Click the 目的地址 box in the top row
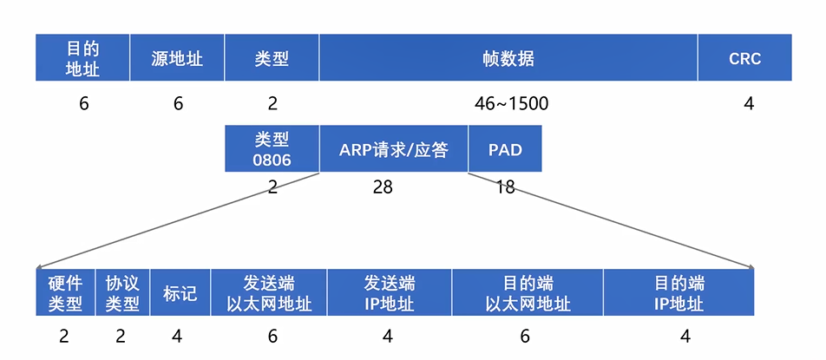click(82, 58)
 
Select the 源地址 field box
click(177, 58)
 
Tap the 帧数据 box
click(508, 58)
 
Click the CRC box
click(744, 58)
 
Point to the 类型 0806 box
click(272, 148)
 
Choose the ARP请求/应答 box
click(393, 148)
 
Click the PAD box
click(505, 148)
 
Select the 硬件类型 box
click(65, 293)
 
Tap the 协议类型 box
click(122, 293)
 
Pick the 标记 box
click(180, 293)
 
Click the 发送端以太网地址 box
click(269, 293)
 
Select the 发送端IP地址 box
click(389, 293)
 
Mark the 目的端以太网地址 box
click(527, 293)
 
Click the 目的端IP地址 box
click(678, 293)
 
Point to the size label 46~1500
click(511, 104)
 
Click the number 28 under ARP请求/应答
click(383, 187)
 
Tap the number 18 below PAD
click(505, 187)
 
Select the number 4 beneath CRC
click(748, 104)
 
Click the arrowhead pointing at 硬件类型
click(40, 267)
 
